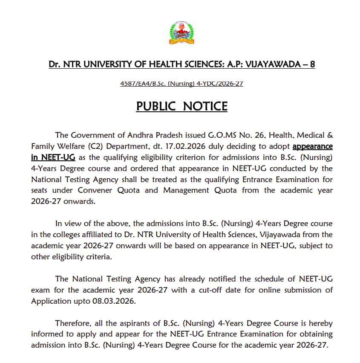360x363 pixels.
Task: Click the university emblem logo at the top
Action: click(181, 33)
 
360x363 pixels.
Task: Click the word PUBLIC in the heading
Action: click(156, 106)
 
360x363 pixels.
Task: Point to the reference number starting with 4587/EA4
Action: click(182, 84)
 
